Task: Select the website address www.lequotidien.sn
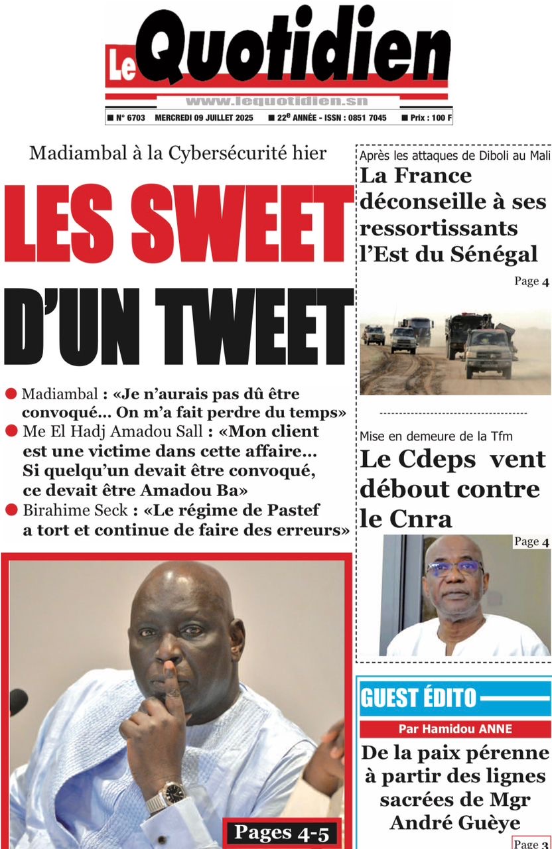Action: (x=277, y=101)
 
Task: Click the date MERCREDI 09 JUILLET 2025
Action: (x=206, y=118)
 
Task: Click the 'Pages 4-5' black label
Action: (x=281, y=832)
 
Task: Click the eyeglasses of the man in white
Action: (x=454, y=568)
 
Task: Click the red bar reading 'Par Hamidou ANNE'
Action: (x=455, y=729)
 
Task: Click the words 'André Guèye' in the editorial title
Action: (x=455, y=822)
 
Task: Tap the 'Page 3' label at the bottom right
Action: (x=531, y=843)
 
